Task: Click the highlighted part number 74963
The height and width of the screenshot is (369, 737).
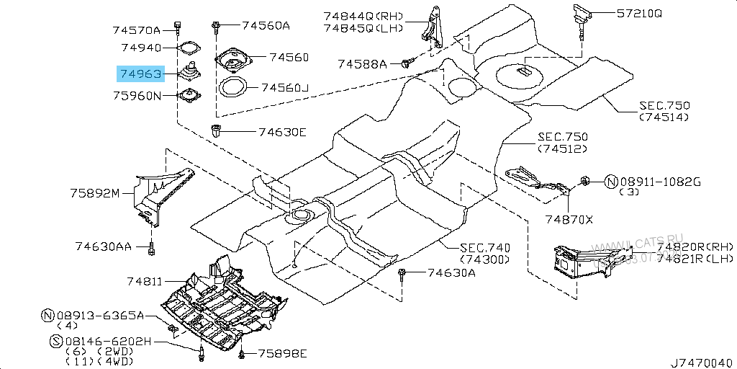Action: click(x=141, y=73)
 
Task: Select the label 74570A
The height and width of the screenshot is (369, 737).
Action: click(x=141, y=30)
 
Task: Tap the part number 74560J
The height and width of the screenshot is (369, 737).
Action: click(x=284, y=88)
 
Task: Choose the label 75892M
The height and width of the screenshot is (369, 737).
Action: click(x=95, y=193)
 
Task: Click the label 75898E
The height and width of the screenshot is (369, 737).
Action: click(x=283, y=353)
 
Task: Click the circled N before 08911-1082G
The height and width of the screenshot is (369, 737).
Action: click(x=610, y=182)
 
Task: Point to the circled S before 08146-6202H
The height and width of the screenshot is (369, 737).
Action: click(x=55, y=341)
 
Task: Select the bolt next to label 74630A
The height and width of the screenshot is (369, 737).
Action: click(x=402, y=273)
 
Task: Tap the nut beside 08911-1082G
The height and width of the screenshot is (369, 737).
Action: click(x=586, y=180)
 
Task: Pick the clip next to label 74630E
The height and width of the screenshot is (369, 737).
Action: click(x=217, y=131)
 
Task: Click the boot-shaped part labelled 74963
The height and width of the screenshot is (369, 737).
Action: click(x=189, y=73)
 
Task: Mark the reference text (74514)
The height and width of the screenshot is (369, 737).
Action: click(x=664, y=117)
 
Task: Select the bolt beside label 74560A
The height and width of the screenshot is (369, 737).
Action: click(x=216, y=26)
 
